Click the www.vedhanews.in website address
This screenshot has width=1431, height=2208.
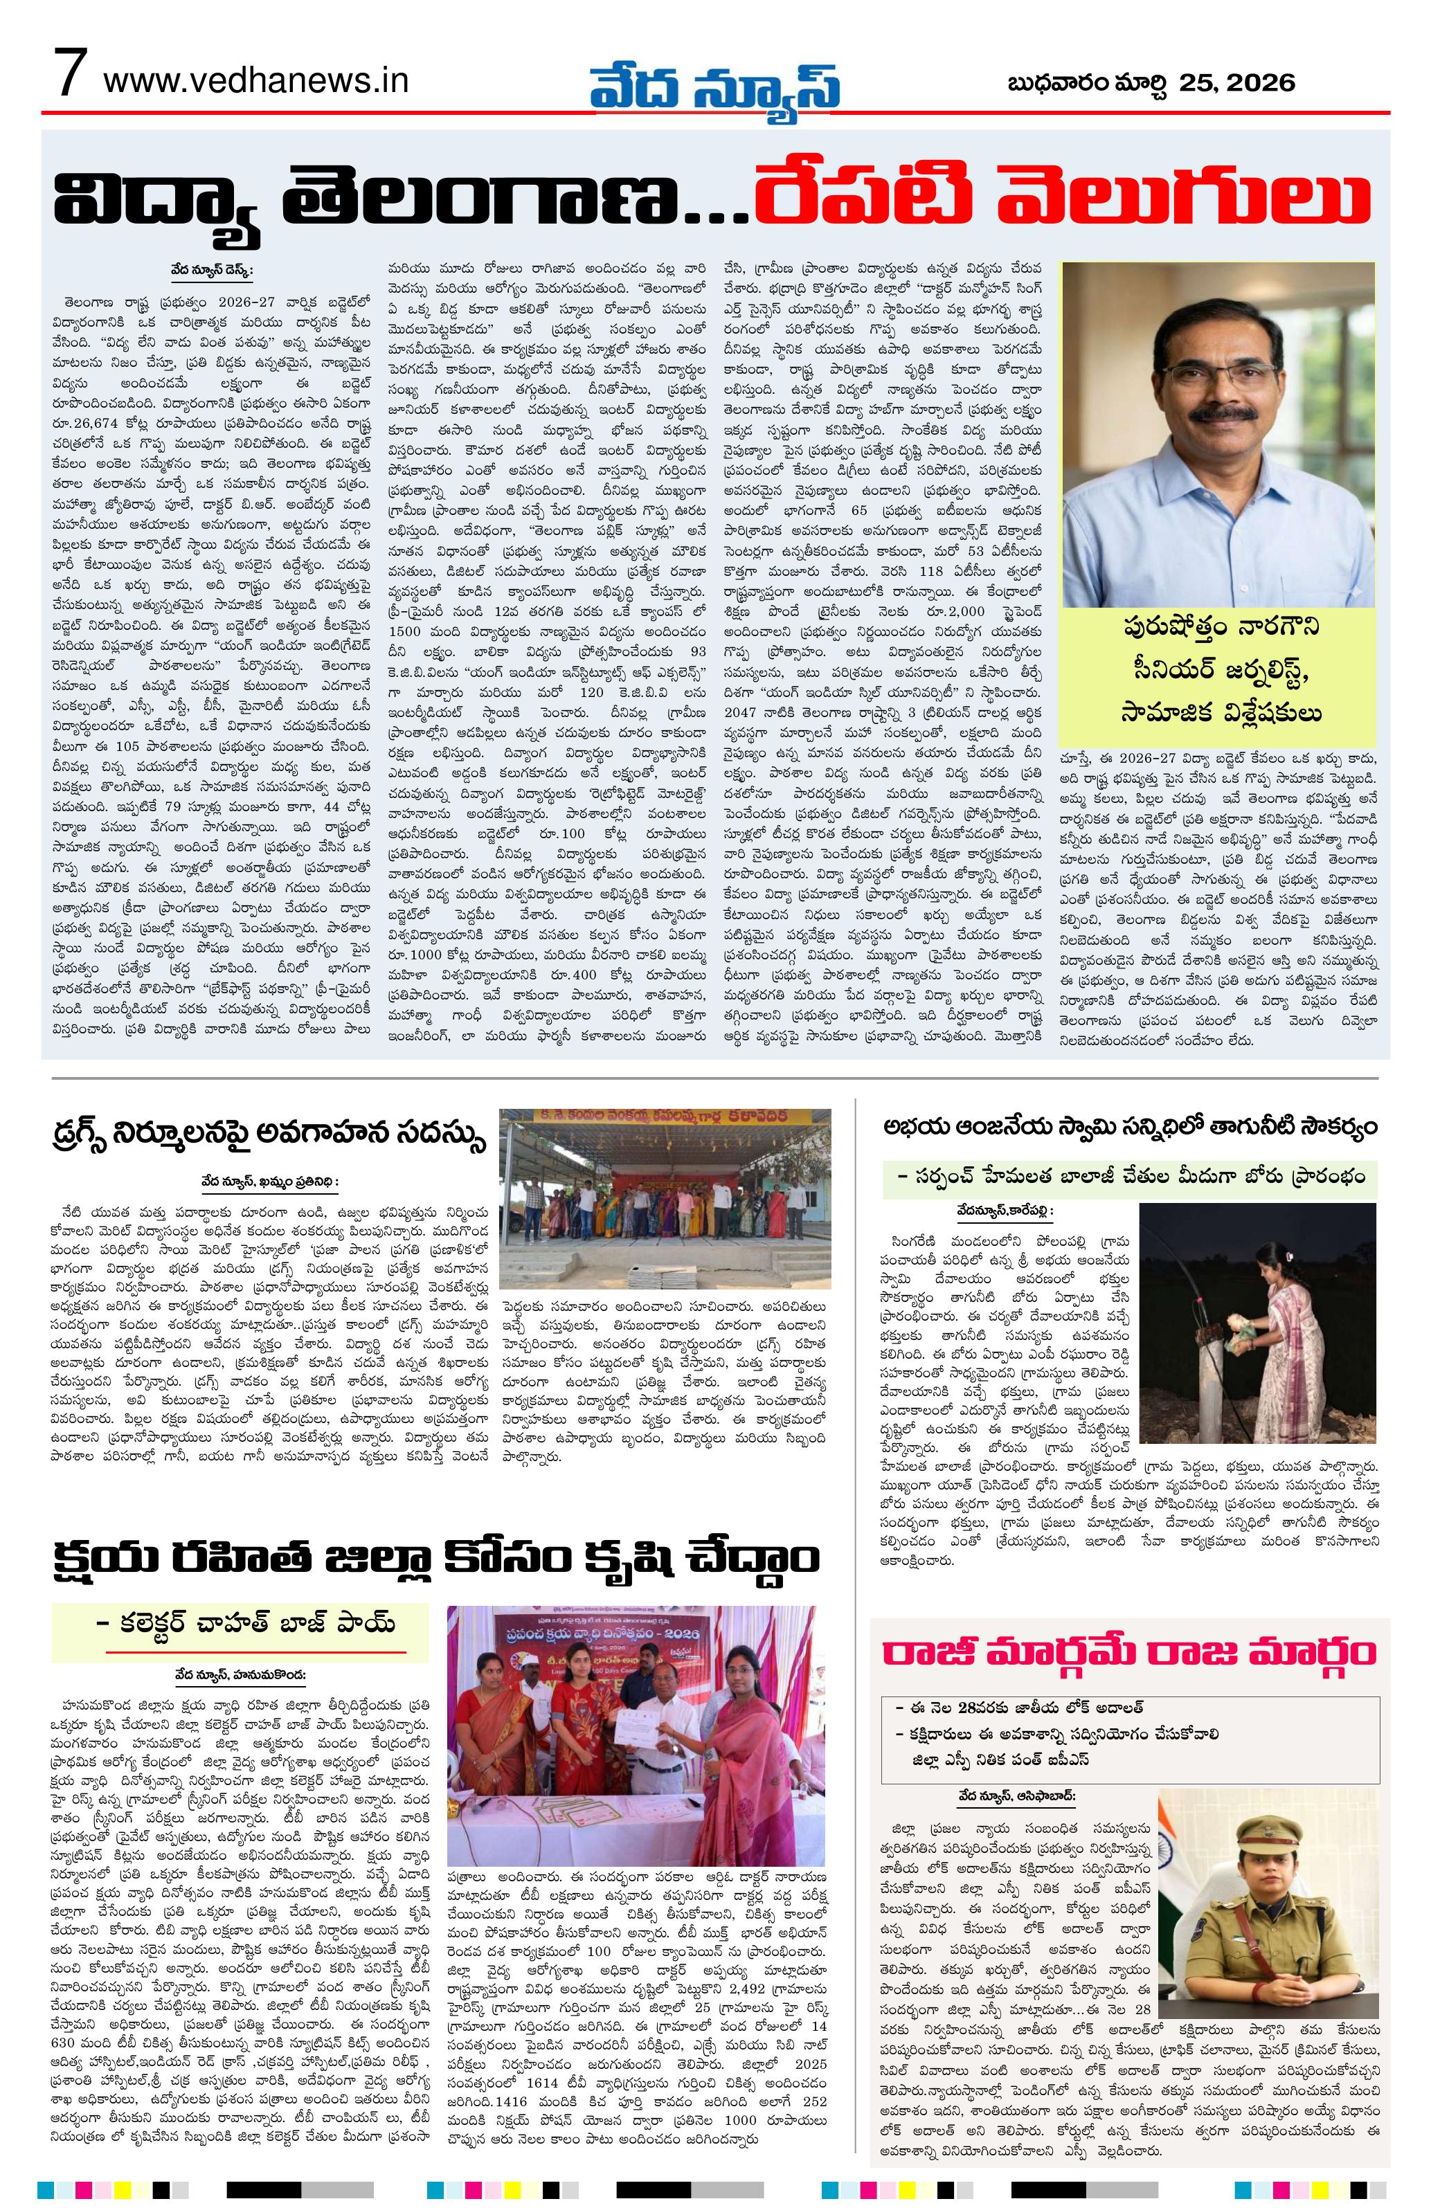pyautogui.click(x=256, y=81)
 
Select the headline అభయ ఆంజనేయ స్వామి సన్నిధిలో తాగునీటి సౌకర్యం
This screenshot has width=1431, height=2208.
pyautogui.click(x=1128, y=1128)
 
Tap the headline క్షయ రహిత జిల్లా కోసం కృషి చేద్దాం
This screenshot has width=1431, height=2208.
pyautogui.click(x=436, y=1557)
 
